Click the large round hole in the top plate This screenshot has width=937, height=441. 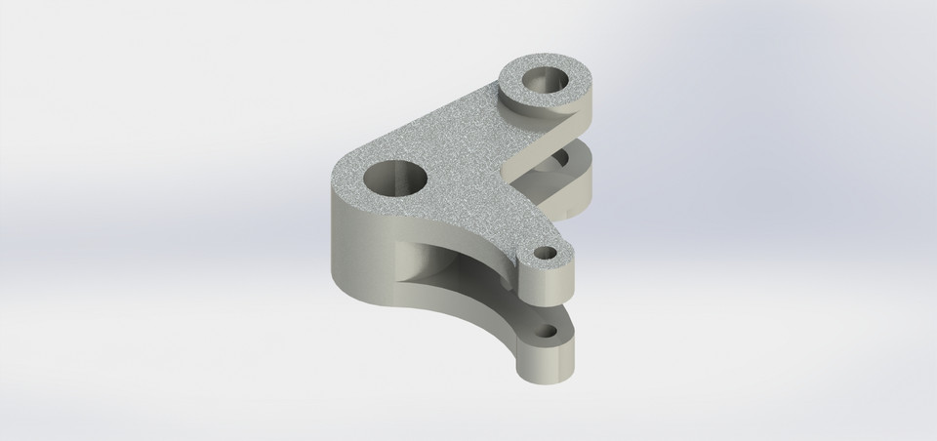coord(396,180)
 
